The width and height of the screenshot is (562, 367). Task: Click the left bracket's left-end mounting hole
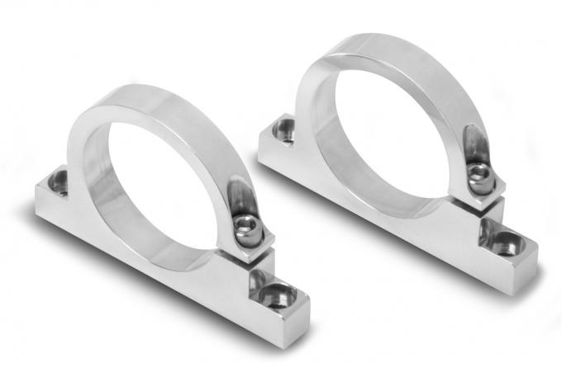(59, 181)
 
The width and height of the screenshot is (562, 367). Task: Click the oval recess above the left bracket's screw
(239, 197)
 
